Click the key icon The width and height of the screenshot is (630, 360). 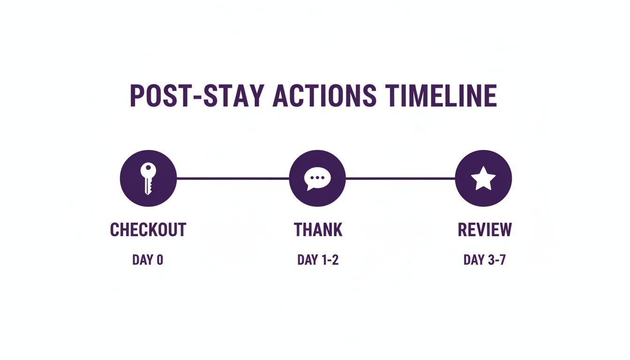tap(148, 179)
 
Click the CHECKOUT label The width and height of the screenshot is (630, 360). tap(148, 230)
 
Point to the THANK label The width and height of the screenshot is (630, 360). tap(318, 230)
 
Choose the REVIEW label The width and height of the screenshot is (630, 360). tap(485, 230)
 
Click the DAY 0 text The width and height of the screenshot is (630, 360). tap(148, 260)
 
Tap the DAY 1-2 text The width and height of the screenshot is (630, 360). tap(318, 260)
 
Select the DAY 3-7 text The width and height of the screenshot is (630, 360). tap(484, 260)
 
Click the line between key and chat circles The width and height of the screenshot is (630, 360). tap(232, 179)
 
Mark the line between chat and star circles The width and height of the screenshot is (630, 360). tap(400, 179)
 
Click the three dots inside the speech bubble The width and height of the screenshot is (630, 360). tap(318, 178)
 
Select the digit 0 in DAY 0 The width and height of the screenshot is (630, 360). tap(160, 260)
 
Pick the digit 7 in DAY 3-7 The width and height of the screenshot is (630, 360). tap(502, 260)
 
